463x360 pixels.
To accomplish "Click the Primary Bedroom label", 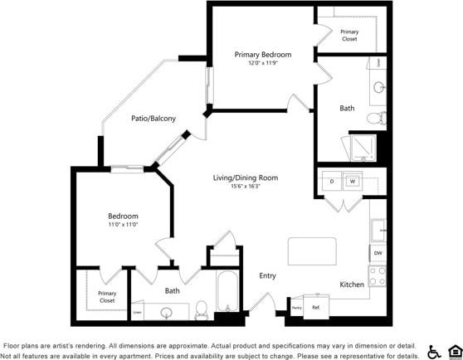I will tap(262, 55).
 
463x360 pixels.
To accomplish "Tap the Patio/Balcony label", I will tap(154, 119).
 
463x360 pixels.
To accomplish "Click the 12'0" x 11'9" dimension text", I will tap(262, 64).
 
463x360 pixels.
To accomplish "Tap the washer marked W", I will tap(352, 181).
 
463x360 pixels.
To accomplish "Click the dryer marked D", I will tap(331, 181).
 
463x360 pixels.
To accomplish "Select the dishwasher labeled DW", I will tap(378, 253).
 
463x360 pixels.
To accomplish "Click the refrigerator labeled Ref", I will tap(315, 307).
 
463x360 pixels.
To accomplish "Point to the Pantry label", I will tap(296, 308).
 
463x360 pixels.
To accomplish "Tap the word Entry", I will tap(267, 276).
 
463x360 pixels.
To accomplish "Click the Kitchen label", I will tap(352, 285).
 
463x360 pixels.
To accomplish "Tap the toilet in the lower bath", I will tap(201, 311).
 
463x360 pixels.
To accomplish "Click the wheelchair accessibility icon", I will tap(433, 351).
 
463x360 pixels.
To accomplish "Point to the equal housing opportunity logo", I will tap(454, 351).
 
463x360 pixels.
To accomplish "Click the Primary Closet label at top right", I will tap(349, 35).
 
